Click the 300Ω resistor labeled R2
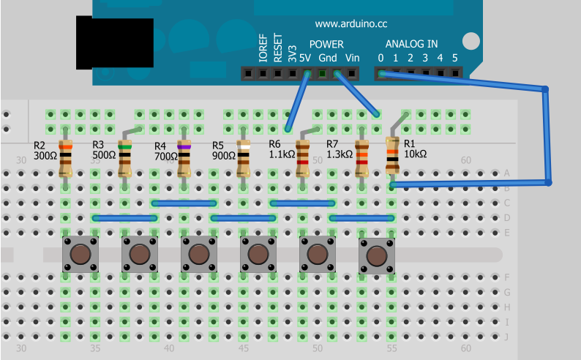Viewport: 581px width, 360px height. pos(66,160)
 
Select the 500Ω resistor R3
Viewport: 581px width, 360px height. pos(125,160)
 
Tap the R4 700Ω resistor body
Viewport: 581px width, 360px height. pos(184,160)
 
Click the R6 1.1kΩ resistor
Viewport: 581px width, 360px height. pos(302,160)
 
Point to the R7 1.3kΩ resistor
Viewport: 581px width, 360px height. pos(361,160)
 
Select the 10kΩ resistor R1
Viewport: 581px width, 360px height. pos(392,154)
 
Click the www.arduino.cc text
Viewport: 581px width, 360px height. pos(351,23)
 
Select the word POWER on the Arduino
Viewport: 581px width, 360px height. pos(326,44)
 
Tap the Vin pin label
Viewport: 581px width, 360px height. pos(353,58)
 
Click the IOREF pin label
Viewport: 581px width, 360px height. pos(263,48)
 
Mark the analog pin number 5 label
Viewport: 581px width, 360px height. pos(454,58)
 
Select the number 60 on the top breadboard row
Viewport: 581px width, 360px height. pos(465,160)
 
